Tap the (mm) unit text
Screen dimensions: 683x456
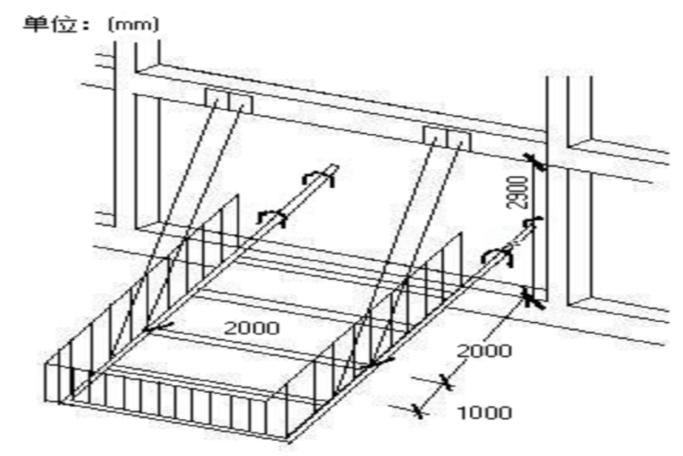coord(134,22)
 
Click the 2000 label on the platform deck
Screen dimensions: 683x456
coord(251,326)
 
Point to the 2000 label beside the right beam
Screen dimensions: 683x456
coord(484,349)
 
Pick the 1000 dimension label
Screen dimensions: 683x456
coord(484,413)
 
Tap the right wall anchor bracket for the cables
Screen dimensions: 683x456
coord(447,138)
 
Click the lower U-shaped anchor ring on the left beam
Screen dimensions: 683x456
coord(271,217)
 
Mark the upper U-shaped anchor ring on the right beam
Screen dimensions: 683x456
coord(533,222)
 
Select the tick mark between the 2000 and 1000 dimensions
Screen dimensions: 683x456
coord(444,382)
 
